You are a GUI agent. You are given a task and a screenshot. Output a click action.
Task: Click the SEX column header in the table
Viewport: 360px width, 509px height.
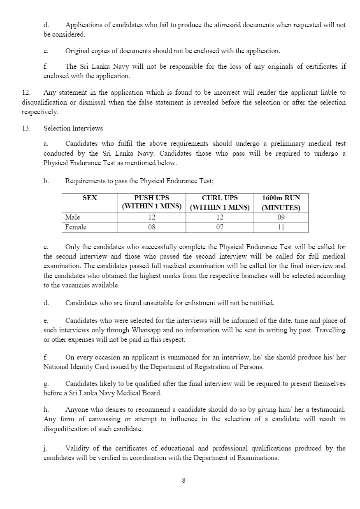90,198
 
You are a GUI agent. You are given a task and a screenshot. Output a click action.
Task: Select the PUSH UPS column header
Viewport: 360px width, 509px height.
151,202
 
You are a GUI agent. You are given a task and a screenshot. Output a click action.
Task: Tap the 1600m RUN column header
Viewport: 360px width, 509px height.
281,202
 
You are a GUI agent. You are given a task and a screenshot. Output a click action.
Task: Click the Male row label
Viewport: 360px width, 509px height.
73,217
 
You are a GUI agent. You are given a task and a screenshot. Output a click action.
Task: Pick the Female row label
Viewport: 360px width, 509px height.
76,227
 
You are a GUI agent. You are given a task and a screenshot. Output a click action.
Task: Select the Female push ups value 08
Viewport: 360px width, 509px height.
151,227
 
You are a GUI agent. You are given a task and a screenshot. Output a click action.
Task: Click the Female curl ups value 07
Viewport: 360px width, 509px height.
220,227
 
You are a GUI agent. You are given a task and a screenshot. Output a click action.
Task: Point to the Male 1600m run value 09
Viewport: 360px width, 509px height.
281,217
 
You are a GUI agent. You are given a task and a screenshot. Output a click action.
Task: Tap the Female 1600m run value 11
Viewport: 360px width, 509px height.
281,227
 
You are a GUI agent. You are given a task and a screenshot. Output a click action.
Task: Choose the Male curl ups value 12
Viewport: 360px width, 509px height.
220,217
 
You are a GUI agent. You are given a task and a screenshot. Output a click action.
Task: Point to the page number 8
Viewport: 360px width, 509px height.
183,480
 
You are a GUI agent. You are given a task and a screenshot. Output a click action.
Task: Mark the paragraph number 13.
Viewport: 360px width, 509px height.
26,128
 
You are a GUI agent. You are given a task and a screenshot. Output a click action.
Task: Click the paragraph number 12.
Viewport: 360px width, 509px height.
26,93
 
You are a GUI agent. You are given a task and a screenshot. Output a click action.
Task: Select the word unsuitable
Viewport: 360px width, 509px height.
143,303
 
